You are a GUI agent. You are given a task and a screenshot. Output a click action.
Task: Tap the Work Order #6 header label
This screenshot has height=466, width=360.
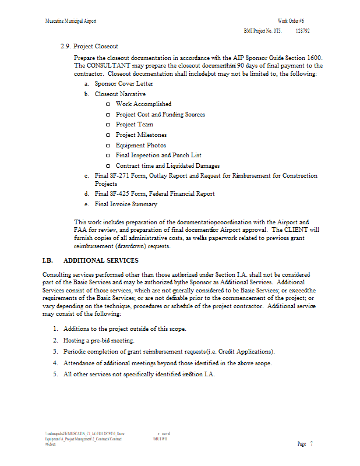(291, 21)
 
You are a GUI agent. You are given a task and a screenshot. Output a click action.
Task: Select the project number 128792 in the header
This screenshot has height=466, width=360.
(302, 31)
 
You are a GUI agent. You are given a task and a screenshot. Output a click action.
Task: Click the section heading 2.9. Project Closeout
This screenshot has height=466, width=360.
(93, 46)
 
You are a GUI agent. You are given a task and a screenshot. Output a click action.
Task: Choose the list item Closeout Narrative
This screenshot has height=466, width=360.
(120, 94)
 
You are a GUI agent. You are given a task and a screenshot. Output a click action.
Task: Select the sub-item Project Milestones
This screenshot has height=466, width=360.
(141, 135)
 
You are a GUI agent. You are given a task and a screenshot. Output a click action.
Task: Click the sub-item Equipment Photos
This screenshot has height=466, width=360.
(140, 145)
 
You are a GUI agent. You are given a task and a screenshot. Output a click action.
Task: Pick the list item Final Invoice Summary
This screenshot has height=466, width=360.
(126, 204)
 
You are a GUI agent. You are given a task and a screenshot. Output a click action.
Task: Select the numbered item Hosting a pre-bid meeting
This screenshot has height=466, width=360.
(99, 340)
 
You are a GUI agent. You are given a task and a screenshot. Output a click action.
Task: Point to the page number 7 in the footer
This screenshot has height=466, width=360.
(312, 444)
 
